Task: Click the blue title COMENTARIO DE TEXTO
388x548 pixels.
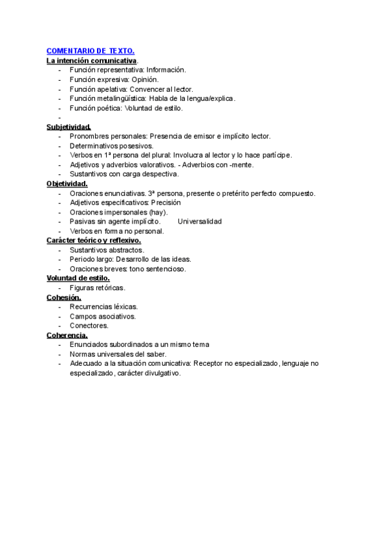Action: pos(91,50)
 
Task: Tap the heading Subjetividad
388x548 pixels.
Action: pos(69,127)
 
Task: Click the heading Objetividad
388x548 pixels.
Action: pos(67,184)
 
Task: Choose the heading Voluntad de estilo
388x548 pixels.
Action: pos(78,278)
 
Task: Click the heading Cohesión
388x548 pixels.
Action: pos(64,297)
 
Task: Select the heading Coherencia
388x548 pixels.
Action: pos(67,335)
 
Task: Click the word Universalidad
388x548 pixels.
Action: pos(200,222)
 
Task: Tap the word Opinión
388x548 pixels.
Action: pos(145,79)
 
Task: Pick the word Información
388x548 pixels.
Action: pos(166,70)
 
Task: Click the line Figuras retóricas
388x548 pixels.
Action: pos(98,288)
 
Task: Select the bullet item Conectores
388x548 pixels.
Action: pos(89,326)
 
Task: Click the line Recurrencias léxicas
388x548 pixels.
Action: pos(103,307)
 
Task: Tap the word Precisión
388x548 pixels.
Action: pos(166,202)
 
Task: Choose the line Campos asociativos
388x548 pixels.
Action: pos(103,317)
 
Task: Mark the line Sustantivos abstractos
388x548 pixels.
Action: pos(107,250)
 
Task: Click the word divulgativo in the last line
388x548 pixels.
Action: pos(161,374)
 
